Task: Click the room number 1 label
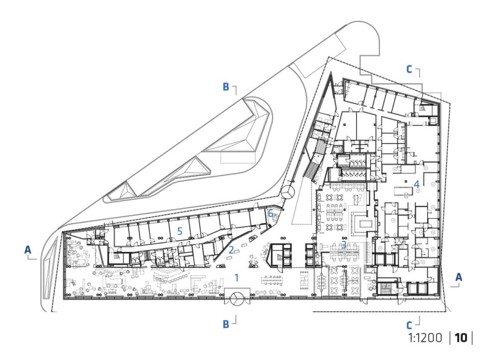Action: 237,278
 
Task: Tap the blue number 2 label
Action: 231,250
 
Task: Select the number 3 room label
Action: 344,245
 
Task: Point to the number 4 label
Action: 416,184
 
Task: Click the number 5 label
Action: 180,231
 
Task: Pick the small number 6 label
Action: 270,213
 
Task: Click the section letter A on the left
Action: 28,250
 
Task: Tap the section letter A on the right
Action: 459,277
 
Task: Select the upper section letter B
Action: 226,87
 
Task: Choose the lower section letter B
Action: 226,324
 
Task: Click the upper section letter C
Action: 409,70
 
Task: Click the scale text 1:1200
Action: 425,338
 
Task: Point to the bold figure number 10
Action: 461,338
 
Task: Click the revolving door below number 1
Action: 237,299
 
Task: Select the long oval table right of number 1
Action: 273,280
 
